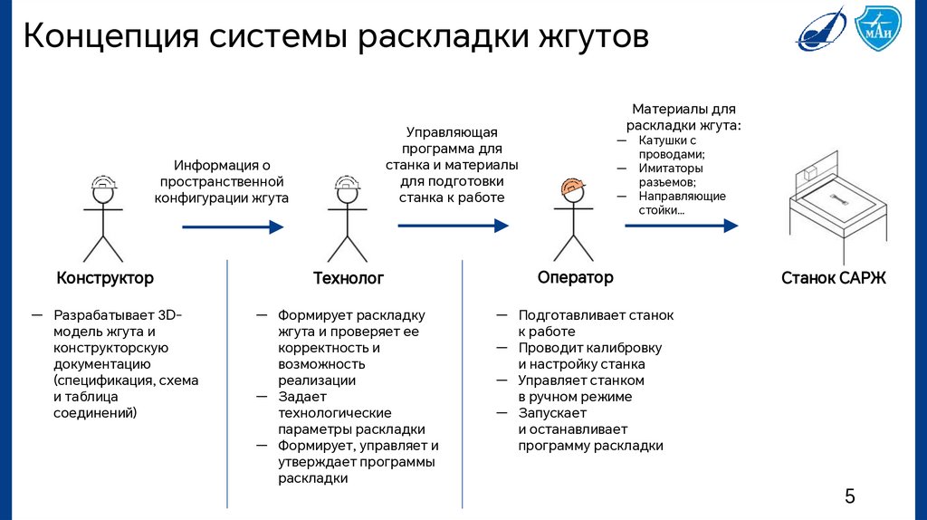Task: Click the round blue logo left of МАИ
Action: coord(821,27)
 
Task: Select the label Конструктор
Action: coord(105,278)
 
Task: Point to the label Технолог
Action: coord(349,278)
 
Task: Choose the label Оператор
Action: coord(575,277)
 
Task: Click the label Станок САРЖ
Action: coord(833,278)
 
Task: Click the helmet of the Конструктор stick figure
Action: coord(104,184)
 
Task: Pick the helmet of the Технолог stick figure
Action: coord(347,184)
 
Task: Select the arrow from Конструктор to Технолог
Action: coord(233,226)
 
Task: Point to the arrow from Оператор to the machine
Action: coord(681,225)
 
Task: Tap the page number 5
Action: coord(849,496)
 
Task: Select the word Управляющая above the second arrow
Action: coord(452,132)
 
